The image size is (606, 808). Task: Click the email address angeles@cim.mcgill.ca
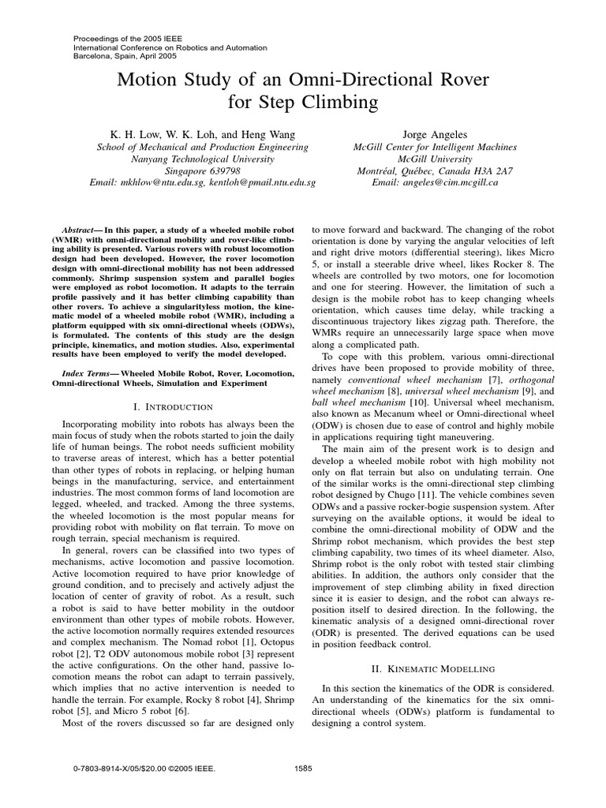click(x=436, y=182)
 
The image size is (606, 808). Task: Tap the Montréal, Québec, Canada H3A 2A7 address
click(x=436, y=170)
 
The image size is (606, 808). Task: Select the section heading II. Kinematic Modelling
click(x=436, y=668)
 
